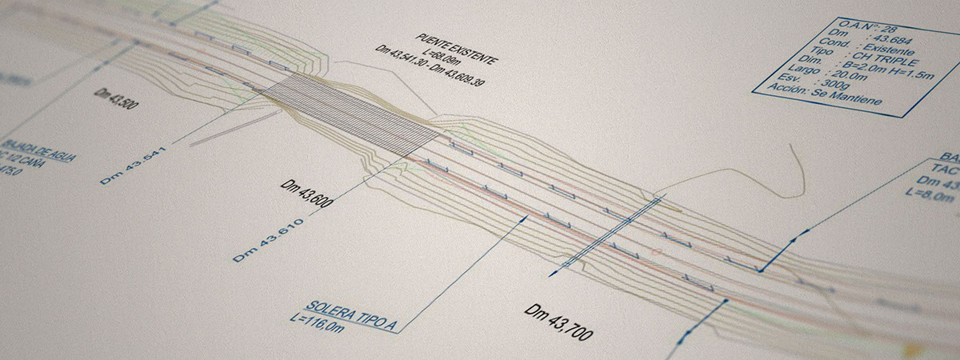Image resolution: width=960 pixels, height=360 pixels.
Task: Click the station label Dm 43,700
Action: point(558,321)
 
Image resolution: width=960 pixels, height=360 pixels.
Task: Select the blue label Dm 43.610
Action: point(268,240)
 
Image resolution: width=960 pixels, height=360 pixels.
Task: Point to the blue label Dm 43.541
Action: point(131,166)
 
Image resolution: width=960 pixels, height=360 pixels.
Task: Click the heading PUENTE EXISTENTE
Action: point(458,50)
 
